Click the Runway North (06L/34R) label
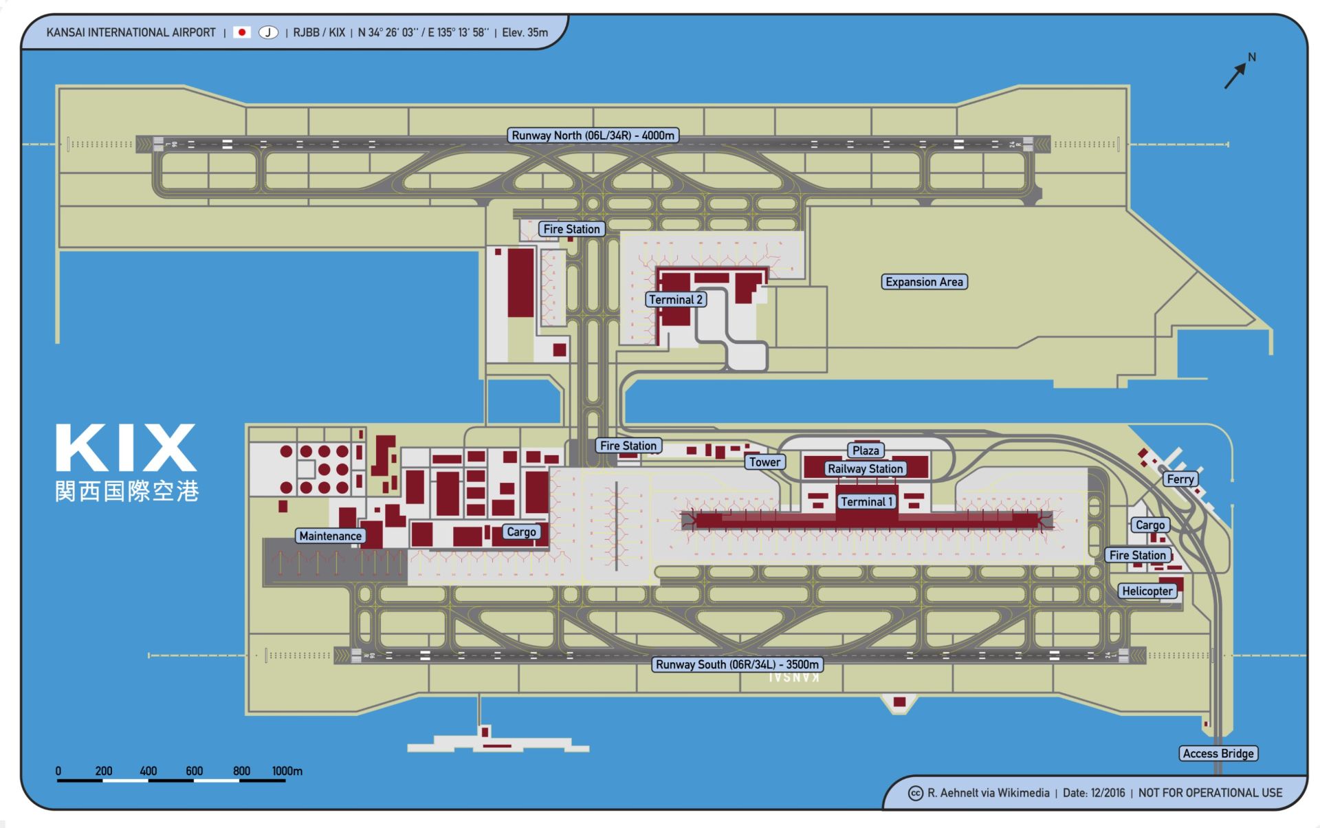[x=593, y=135]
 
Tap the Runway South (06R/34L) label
[x=737, y=664]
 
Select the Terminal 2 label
[x=676, y=299]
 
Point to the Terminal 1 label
[x=866, y=501]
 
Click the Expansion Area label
[x=924, y=282]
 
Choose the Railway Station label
[x=865, y=468]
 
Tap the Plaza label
[x=866, y=450]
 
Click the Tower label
[x=764, y=462]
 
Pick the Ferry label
[x=1180, y=479]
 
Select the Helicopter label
[x=1147, y=591]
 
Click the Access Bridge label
[x=1218, y=753]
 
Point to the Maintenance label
[x=330, y=536]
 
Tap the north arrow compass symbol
[x=1237, y=72]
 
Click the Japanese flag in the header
[x=241, y=32]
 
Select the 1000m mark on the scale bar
[x=287, y=772]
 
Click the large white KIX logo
[x=126, y=448]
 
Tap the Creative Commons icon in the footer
[x=916, y=793]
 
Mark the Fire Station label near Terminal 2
[x=571, y=229]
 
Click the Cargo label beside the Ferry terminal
[x=1149, y=525]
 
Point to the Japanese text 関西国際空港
[x=127, y=491]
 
